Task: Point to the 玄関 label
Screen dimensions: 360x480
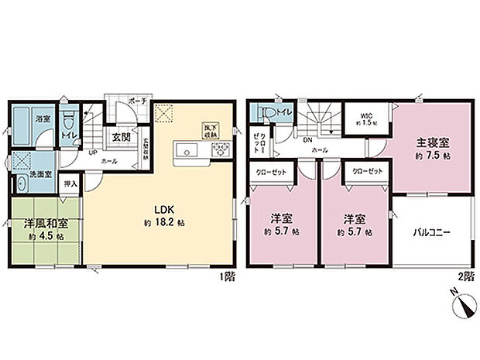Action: (120, 137)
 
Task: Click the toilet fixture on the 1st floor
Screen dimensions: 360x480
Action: (68, 121)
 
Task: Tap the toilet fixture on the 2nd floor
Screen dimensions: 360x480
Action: (266, 113)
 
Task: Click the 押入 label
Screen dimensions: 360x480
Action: (70, 185)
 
